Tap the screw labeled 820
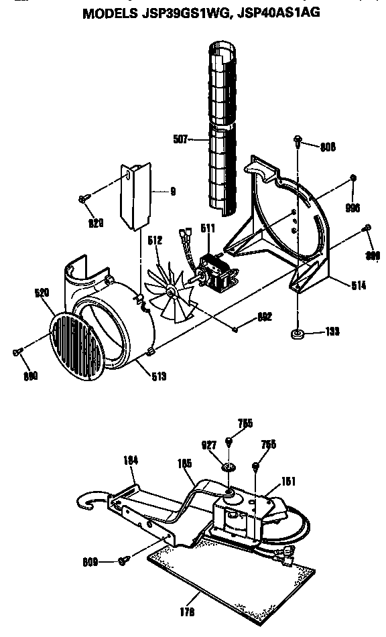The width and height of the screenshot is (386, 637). pyautogui.click(x=82, y=198)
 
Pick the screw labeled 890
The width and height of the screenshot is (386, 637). pyautogui.click(x=16, y=352)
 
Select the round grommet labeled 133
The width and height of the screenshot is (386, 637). pyautogui.click(x=296, y=333)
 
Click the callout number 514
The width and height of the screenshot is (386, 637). pyautogui.click(x=359, y=285)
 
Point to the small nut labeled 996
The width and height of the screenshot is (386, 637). pyautogui.click(x=352, y=178)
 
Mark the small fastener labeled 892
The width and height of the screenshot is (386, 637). pyautogui.click(x=235, y=328)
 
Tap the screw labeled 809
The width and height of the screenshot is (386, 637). pyautogui.click(x=123, y=560)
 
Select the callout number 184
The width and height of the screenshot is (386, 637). pyautogui.click(x=130, y=459)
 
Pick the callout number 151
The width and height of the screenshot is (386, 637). pyautogui.click(x=289, y=481)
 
